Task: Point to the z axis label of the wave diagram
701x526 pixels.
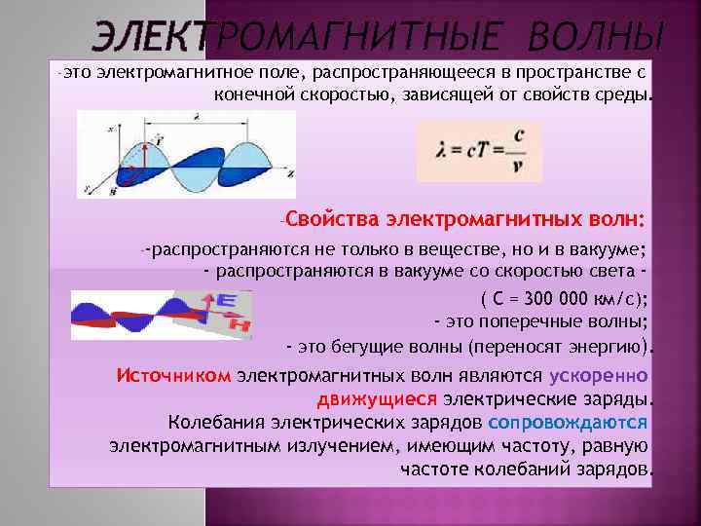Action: pos(290,170)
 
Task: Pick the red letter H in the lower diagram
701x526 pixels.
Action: pos(238,324)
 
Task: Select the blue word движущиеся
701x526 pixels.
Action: pos(378,398)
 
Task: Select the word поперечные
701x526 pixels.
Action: pos(530,322)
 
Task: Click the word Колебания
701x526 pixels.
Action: pos(213,422)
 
